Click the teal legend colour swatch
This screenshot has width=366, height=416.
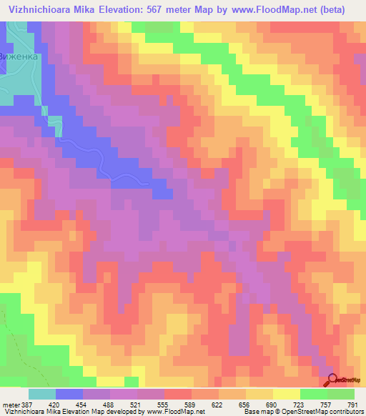41,394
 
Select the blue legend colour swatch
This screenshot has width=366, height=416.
69,394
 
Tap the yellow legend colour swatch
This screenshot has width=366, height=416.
286,394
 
